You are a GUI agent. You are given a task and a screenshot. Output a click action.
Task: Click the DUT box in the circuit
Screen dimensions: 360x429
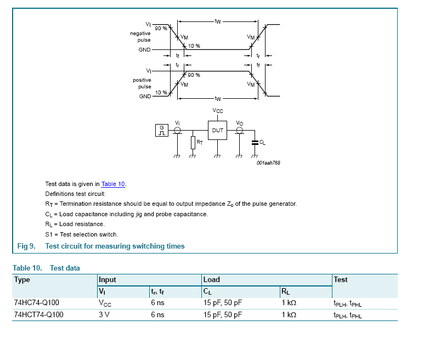pyautogui.click(x=218, y=131)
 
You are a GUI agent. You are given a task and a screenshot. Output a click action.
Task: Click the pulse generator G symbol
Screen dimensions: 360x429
pyautogui.click(x=162, y=131)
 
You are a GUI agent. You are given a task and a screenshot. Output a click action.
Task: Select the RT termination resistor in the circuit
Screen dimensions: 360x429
pyautogui.click(x=193, y=143)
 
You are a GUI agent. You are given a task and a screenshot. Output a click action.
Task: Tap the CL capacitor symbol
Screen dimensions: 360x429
pyautogui.click(x=255, y=142)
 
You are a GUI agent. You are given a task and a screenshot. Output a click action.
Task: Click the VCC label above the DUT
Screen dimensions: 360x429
pyautogui.click(x=218, y=111)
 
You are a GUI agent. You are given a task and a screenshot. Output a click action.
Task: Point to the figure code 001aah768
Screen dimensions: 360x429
pyautogui.click(x=268, y=162)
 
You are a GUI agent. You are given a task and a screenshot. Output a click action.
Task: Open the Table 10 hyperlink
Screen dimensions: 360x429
pyautogui.click(x=114, y=184)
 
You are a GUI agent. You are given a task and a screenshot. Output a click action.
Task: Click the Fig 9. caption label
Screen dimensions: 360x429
pyautogui.click(x=26, y=246)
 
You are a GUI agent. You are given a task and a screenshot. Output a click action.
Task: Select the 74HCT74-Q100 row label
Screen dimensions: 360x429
pyautogui.click(x=38, y=315)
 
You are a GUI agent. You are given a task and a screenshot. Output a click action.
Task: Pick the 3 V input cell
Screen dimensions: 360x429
pyautogui.click(x=104, y=315)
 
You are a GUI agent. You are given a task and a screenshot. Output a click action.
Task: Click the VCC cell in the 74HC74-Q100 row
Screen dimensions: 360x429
pyautogui.click(x=105, y=302)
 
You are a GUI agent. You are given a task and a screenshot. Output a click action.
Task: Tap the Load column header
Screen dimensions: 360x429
pyautogui.click(x=211, y=279)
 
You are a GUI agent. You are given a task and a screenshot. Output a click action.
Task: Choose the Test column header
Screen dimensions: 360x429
pyautogui.click(x=340, y=279)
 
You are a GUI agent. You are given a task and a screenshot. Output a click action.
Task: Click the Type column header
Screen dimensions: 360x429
pyautogui.click(x=22, y=279)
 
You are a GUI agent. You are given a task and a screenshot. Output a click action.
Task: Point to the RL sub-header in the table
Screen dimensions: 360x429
pyautogui.click(x=285, y=291)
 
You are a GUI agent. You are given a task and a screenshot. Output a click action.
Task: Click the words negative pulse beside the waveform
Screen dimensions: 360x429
pyautogui.click(x=140, y=37)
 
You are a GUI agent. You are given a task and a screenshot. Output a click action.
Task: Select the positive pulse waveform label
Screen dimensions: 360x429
pyautogui.click(x=142, y=83)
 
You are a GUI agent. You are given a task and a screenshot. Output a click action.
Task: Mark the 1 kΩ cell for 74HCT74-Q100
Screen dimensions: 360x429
pyautogui.click(x=289, y=315)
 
